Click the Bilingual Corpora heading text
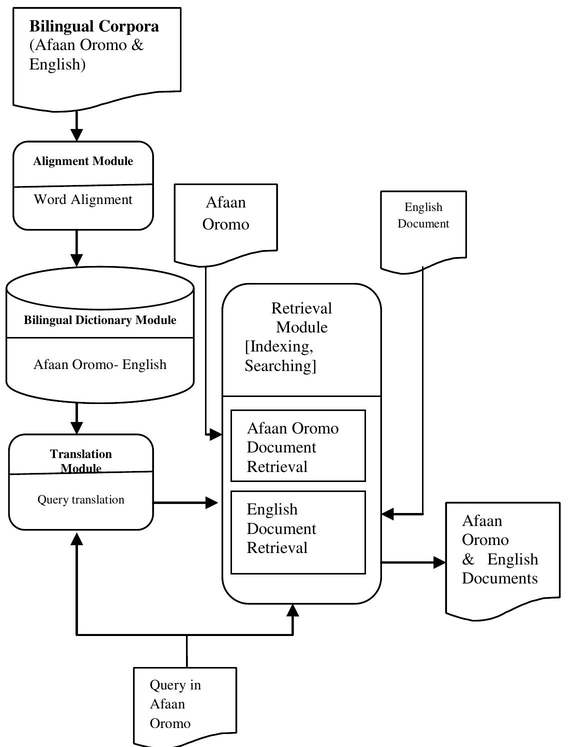[x=94, y=26]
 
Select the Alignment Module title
[x=83, y=161]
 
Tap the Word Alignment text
[x=83, y=199]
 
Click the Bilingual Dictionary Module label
[x=100, y=320]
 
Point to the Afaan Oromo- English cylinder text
[x=100, y=364]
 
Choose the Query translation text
[x=81, y=499]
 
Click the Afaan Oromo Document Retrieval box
[x=298, y=446]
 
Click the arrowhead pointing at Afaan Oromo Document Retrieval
[x=215, y=434]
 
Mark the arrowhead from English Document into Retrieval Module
[x=388, y=513]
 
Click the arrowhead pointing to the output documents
[x=439, y=562]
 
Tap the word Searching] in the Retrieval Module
[x=280, y=366]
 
